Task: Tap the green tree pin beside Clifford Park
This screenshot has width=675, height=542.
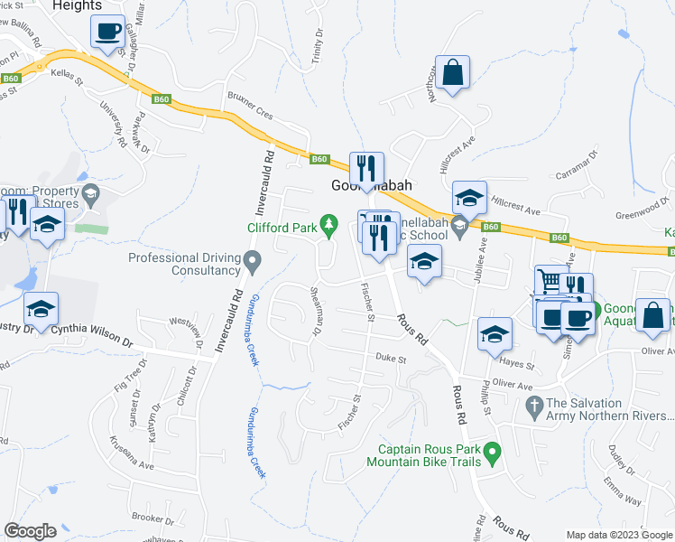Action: (331, 222)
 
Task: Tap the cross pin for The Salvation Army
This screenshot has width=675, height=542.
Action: (533, 406)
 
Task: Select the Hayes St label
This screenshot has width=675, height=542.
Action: (517, 366)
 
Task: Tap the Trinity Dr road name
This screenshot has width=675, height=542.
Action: (319, 44)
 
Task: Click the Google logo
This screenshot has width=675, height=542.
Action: (31, 531)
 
